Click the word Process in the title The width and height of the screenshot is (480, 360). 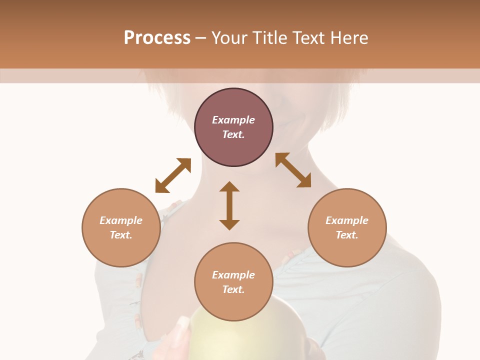pos(157,37)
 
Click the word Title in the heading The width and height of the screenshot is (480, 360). pos(268,37)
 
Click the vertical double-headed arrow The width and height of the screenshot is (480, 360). pos(229,205)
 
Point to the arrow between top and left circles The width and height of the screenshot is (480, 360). pos(173,175)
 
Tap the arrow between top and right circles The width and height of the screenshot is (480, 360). pos(293,170)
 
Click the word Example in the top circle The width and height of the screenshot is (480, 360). pos(233,120)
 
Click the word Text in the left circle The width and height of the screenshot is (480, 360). pos(121,235)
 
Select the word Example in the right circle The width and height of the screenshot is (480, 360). pos(347,220)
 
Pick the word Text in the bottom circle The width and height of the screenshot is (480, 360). pos(233,289)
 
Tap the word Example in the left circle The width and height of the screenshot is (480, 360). pos(121,220)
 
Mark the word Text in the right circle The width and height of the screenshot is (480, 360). pos(347,235)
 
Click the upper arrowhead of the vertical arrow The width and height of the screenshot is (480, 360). pos(229,186)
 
